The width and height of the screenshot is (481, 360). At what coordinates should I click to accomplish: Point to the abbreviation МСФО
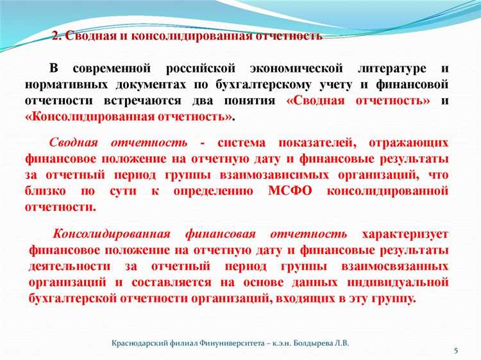tap(291, 191)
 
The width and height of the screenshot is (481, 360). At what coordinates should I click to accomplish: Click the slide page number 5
tap(455, 350)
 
